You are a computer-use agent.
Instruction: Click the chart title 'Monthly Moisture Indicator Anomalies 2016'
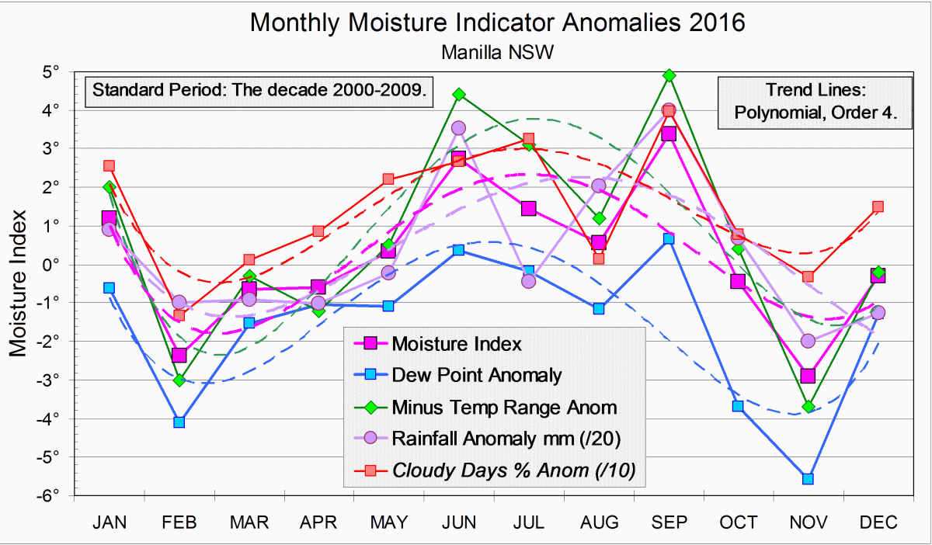(497, 23)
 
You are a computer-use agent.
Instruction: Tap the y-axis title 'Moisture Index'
(20, 283)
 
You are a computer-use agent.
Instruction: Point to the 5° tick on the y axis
(52, 71)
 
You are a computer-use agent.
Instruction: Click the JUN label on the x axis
(458, 522)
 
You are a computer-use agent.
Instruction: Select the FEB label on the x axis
(179, 522)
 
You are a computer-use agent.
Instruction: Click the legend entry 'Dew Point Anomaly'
(476, 375)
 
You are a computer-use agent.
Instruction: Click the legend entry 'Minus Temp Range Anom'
(503, 407)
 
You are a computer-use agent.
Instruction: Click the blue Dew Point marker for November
(808, 479)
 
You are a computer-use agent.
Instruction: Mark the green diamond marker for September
(669, 75)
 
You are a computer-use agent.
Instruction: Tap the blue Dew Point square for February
(179, 422)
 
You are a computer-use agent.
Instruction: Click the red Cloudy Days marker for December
(878, 207)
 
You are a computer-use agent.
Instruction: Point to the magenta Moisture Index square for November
(808, 376)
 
